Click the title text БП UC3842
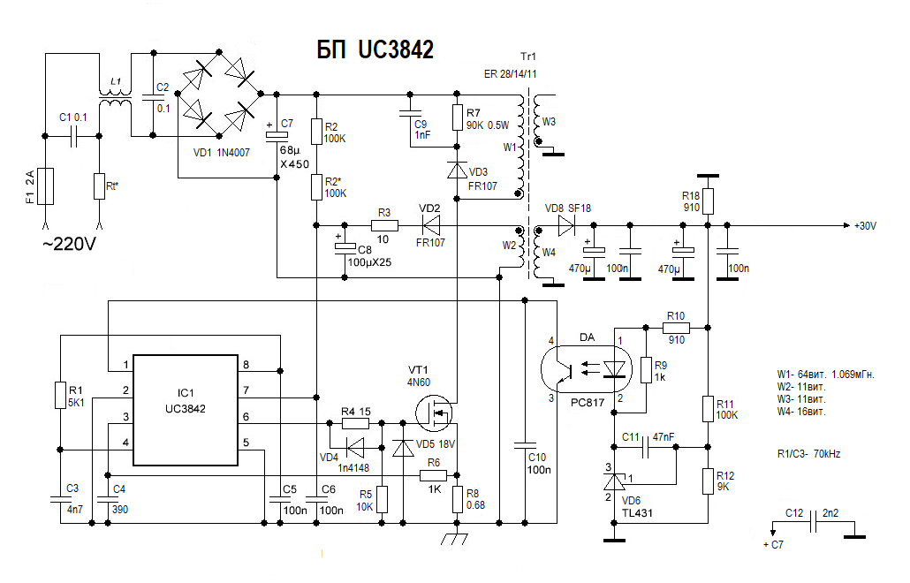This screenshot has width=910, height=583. pyautogui.click(x=375, y=50)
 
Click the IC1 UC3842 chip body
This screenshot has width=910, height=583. pyautogui.click(x=185, y=410)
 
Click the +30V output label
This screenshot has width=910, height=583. pyautogui.click(x=865, y=226)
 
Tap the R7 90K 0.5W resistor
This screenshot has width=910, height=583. pyautogui.click(x=457, y=119)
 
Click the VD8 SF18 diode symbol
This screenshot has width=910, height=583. pyautogui.click(x=565, y=226)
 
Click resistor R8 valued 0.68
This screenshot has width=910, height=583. pyautogui.click(x=457, y=500)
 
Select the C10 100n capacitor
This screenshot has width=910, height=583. pyautogui.click(x=525, y=442)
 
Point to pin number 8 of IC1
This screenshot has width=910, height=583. pyautogui.click(x=246, y=365)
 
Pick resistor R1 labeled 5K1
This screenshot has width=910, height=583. pyautogui.click(x=60, y=395)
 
